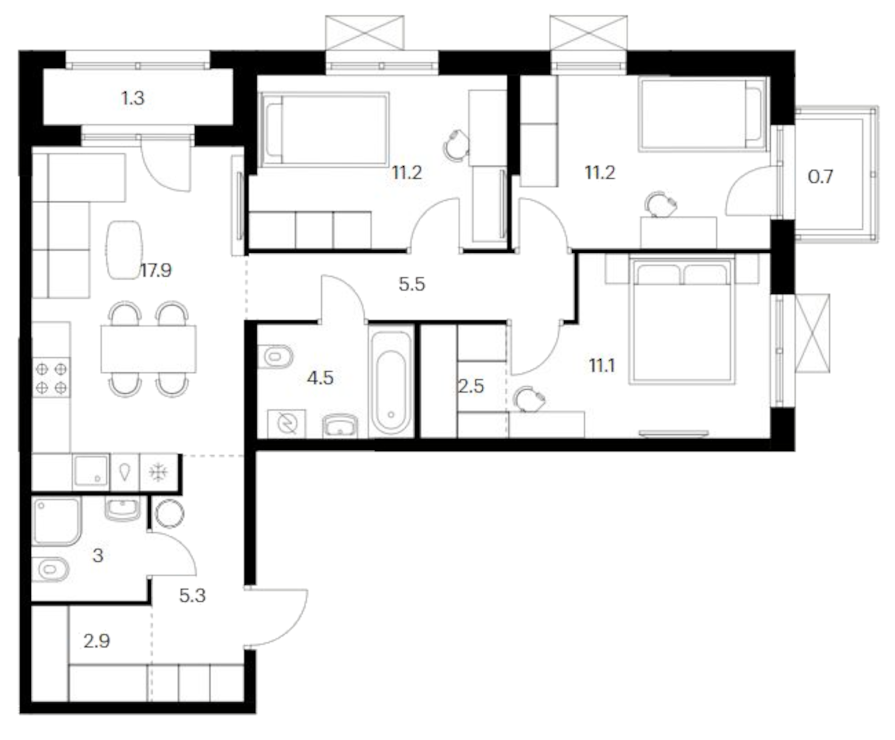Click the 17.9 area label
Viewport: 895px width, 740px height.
(x=156, y=271)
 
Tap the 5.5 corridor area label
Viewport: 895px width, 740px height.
(x=412, y=284)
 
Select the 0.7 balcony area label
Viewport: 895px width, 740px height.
(x=820, y=177)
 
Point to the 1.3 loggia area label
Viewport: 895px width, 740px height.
(x=133, y=98)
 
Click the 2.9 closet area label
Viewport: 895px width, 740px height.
(x=96, y=641)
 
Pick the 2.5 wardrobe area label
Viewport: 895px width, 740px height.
(x=470, y=386)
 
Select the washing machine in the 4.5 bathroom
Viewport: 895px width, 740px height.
(x=287, y=423)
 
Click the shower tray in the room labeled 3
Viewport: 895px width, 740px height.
(x=56, y=521)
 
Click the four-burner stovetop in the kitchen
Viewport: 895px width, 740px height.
(x=51, y=378)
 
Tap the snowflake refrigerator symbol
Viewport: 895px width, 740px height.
(x=158, y=472)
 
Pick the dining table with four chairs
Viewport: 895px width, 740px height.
(x=148, y=349)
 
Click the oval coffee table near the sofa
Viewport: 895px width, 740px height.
(x=124, y=250)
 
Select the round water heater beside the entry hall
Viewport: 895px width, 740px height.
(x=170, y=513)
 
